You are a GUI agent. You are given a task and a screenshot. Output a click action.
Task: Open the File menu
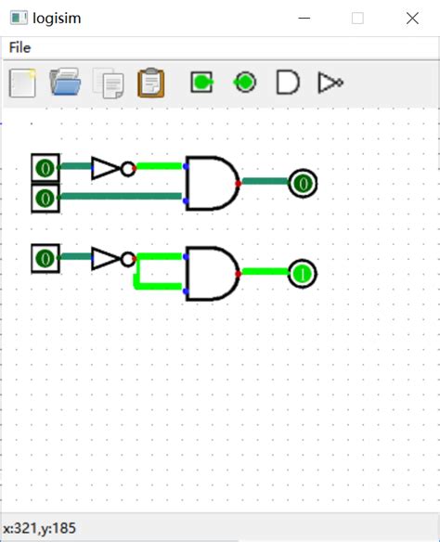(x=19, y=47)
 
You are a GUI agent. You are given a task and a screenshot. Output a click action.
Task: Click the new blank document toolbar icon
(x=22, y=83)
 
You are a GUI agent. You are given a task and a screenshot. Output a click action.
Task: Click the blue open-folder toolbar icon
(x=66, y=83)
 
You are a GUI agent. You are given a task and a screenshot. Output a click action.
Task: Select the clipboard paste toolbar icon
(x=150, y=83)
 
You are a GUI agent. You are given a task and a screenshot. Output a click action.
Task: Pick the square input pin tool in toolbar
(x=201, y=83)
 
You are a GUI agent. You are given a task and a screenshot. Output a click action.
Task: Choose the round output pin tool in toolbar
(x=245, y=83)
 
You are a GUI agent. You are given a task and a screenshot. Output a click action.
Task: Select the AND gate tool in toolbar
(x=288, y=83)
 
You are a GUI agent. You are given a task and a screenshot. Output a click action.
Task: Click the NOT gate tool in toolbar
(x=330, y=83)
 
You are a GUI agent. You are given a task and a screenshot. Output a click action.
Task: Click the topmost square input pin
(x=45, y=168)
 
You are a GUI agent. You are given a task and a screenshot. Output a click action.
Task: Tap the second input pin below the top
(x=45, y=197)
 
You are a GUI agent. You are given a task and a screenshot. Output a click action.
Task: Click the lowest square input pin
(x=45, y=258)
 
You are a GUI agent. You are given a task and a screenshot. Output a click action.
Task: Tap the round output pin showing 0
(x=303, y=184)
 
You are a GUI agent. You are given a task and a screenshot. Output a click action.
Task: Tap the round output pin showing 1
(x=303, y=274)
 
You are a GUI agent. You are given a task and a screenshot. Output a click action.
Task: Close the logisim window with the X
(x=412, y=18)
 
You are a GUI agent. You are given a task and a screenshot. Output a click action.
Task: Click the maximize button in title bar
(x=357, y=18)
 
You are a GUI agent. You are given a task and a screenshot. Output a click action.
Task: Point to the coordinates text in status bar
(x=41, y=528)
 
